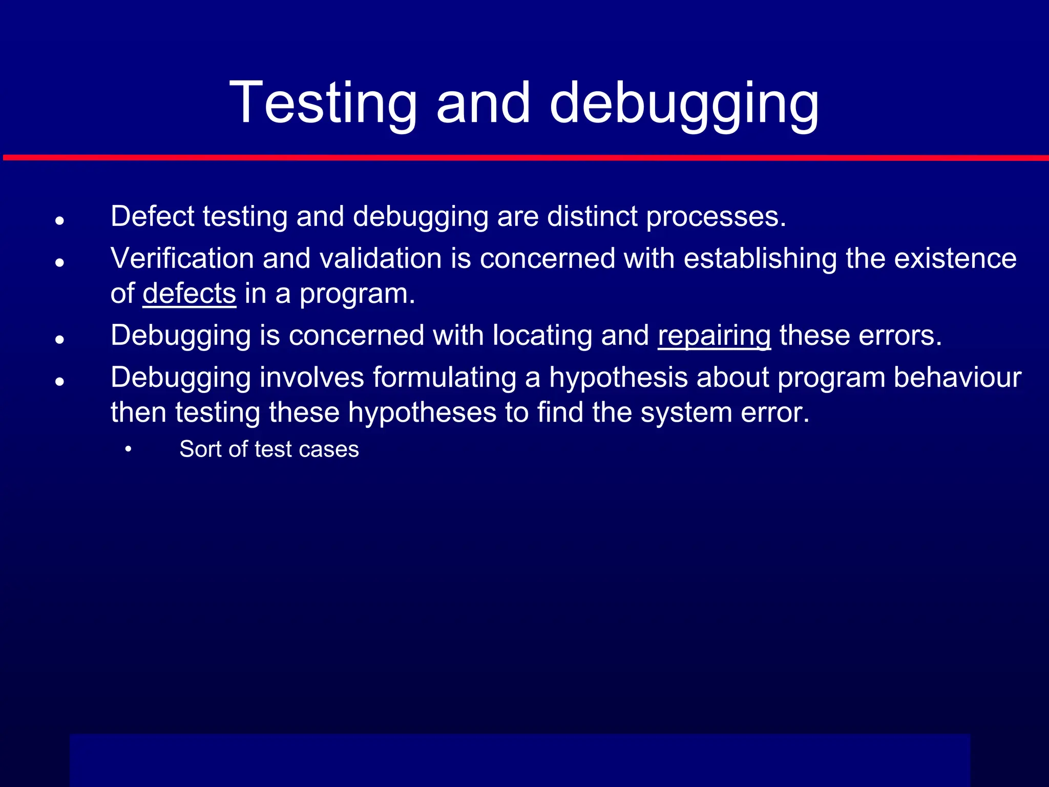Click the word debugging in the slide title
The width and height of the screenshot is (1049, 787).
click(x=684, y=104)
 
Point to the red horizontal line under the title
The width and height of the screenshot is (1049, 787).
click(x=524, y=158)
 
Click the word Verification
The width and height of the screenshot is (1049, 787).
click(x=182, y=258)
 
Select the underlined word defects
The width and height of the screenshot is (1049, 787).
click(x=190, y=293)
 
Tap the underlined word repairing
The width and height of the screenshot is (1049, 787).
click(x=714, y=336)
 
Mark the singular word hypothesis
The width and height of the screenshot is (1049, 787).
click(x=619, y=378)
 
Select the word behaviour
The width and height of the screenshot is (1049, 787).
click(x=957, y=378)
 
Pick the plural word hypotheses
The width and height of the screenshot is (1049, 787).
click(x=423, y=412)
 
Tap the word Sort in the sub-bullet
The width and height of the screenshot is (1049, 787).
click(x=200, y=449)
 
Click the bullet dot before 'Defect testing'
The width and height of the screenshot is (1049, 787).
click(x=60, y=221)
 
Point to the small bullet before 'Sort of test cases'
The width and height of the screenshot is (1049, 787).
click(x=128, y=449)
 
